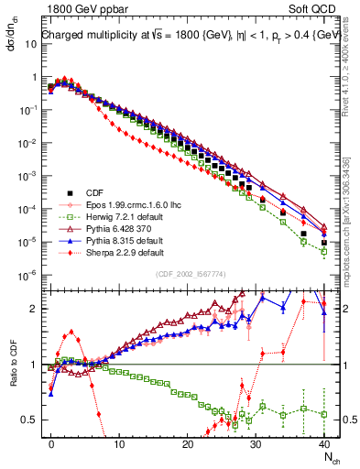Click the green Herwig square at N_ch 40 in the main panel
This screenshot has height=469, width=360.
click(x=324, y=252)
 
